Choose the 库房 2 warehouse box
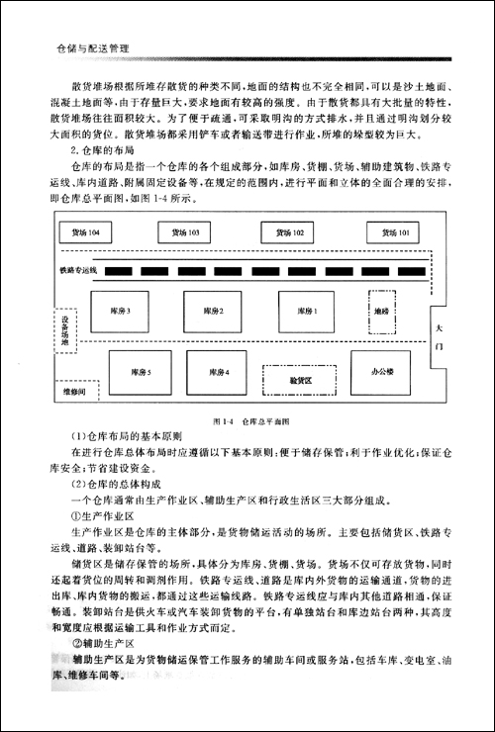(214, 313)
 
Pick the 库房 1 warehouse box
(308, 313)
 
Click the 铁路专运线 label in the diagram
(79, 270)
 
